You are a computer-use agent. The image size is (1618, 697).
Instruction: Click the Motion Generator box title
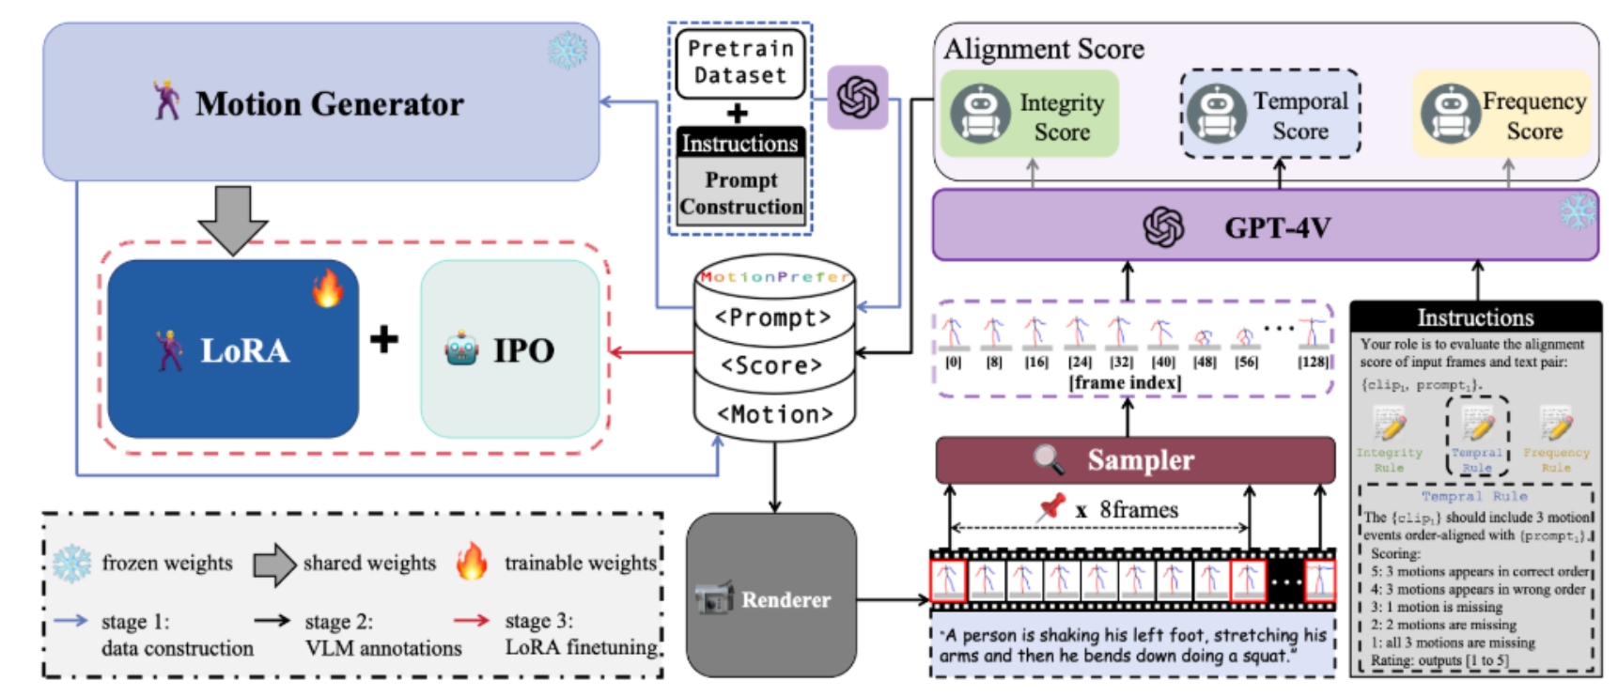[x=329, y=103]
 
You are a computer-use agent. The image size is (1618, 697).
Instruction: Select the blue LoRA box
[x=233, y=349]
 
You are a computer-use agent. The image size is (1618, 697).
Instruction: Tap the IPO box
[x=510, y=349]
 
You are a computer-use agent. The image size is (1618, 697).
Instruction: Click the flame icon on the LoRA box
[x=327, y=287]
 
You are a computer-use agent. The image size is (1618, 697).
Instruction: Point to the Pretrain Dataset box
[x=740, y=62]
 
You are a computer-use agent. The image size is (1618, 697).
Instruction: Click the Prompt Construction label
[x=741, y=194]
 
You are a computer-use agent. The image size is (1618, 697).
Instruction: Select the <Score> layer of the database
[x=772, y=365]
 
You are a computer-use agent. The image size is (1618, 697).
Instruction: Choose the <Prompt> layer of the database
[x=773, y=318]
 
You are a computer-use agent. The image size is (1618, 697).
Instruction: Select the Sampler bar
[x=1135, y=460]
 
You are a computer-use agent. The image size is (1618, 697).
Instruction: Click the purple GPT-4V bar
[x=1264, y=227]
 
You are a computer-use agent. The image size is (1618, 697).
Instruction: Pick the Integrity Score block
[x=1031, y=115]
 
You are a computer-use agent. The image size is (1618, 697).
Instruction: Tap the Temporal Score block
[x=1270, y=115]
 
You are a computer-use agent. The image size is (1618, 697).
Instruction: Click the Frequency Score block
[x=1502, y=115]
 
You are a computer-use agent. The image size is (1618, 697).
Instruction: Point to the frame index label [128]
[x=1313, y=363]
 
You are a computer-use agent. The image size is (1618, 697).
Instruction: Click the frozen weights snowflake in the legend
[x=71, y=563]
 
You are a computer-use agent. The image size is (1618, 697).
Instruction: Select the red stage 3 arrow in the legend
[x=472, y=620]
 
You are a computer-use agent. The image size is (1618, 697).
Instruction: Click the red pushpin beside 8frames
[x=1051, y=507]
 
